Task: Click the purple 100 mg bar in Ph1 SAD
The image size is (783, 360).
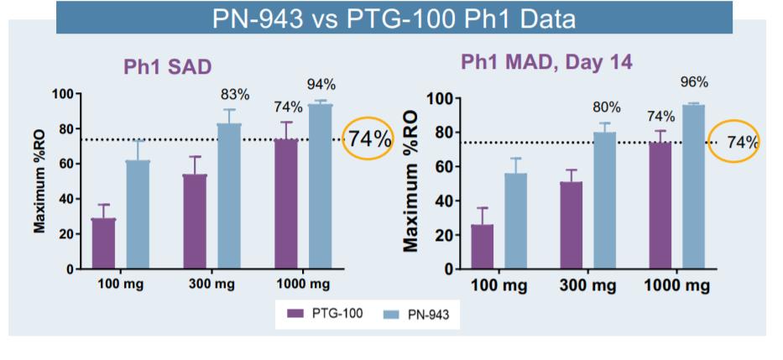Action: [103, 244]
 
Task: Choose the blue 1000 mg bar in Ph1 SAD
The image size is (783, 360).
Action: [321, 186]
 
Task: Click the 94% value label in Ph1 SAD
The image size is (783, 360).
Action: [321, 84]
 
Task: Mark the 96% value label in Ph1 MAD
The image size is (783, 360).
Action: [695, 82]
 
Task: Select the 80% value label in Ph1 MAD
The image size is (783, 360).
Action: [606, 107]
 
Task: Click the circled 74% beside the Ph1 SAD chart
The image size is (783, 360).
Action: [369, 140]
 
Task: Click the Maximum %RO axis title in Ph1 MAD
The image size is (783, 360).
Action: [411, 181]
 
